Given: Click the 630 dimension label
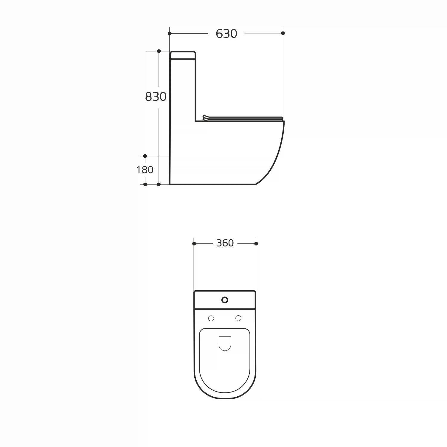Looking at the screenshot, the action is tap(226, 34).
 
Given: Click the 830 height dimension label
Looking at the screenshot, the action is tap(156, 97).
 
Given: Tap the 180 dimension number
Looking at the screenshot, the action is tap(145, 170).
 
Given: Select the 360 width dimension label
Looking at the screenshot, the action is tap(225, 243).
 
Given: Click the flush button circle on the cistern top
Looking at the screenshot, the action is tap(225, 300).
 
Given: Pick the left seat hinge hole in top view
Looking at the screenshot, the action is tap(211, 318).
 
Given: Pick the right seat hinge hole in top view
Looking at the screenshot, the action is tap(238, 318).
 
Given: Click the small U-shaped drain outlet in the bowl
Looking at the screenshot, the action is tap(225, 344).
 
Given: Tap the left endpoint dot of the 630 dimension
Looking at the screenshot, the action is tap(170, 33).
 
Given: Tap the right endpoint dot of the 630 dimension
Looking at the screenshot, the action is tap(283, 33).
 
